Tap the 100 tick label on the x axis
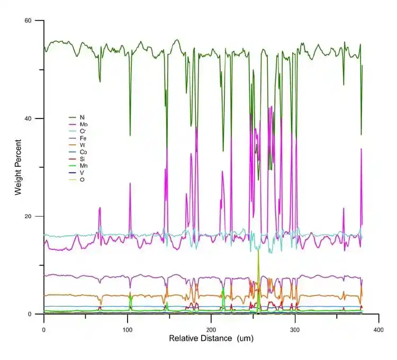click(x=127, y=329)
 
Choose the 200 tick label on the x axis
click(x=211, y=329)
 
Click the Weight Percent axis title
click(x=18, y=167)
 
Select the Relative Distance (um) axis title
click(x=211, y=338)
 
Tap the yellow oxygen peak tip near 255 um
click(x=258, y=248)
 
